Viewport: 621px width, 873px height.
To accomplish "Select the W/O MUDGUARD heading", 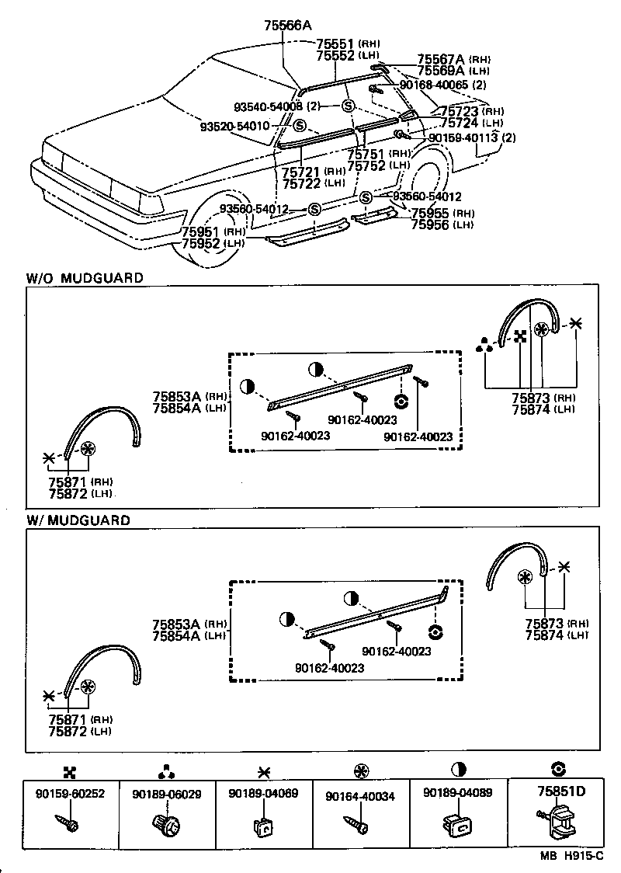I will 85,277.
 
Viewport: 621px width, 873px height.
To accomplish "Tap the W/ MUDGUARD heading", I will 78,520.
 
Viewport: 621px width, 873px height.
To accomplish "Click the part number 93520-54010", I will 235,126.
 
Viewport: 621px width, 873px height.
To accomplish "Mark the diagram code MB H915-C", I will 572,855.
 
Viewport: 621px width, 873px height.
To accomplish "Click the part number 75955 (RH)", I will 432,214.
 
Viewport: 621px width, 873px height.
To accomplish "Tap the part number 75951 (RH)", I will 203,232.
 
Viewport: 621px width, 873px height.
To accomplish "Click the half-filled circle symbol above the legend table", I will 459,769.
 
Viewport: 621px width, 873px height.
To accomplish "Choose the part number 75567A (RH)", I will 441,59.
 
